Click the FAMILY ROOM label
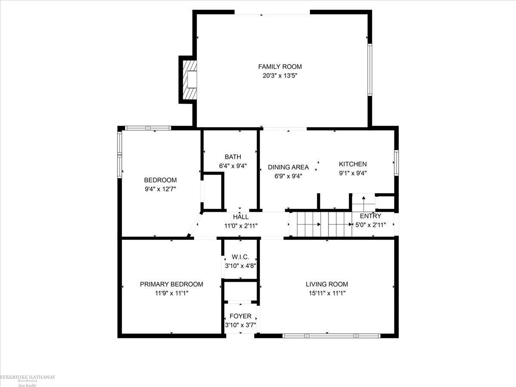[x=280, y=67]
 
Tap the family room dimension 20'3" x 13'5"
[x=280, y=76]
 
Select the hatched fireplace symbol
[x=189, y=80]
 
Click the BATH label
[x=233, y=157]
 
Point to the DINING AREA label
[x=288, y=167]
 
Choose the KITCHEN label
[x=353, y=164]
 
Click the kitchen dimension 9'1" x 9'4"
[x=353, y=173]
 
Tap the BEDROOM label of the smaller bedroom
[x=160, y=180]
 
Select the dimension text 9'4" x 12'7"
[x=160, y=189]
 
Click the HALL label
[x=241, y=217]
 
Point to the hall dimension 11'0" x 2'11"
[x=241, y=225]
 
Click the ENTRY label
[x=370, y=216]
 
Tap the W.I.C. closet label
[x=240, y=257]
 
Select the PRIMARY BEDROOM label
[x=171, y=284]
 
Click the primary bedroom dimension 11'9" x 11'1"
[x=171, y=293]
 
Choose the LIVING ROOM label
[x=327, y=284]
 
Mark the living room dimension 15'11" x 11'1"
[x=327, y=293]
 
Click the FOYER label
[x=240, y=316]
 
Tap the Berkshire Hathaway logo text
[x=28, y=378]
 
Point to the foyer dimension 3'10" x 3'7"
[x=240, y=325]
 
